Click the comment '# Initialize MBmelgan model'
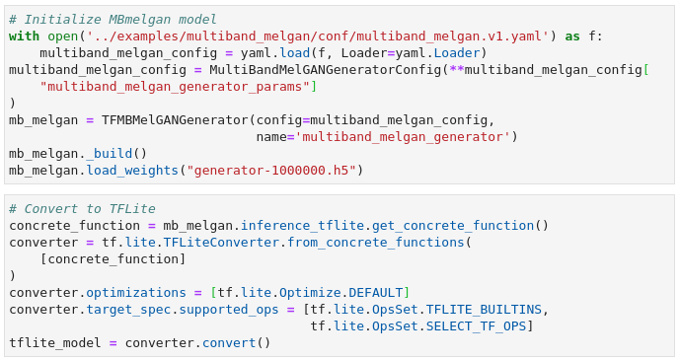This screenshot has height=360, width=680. (113, 20)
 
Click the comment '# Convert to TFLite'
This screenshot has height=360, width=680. (82, 209)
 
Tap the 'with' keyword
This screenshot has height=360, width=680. (24, 36)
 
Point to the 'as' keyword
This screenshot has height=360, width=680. (572, 36)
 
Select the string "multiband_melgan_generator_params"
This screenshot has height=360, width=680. (175, 87)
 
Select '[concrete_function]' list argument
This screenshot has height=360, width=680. (113, 259)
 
